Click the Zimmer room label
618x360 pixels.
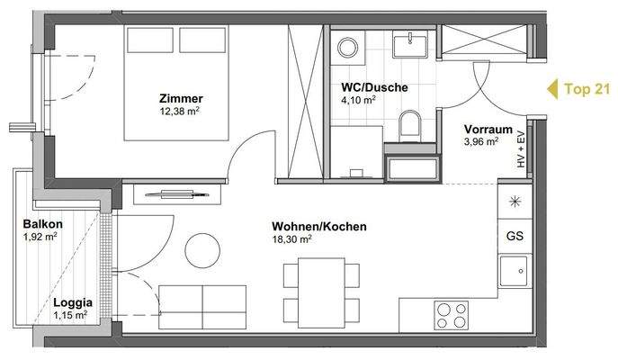tap(180, 98)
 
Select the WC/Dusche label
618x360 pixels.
tap(374, 88)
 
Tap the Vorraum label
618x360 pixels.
tap(488, 128)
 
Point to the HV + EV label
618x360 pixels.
tap(519, 149)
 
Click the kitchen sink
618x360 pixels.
tap(515, 269)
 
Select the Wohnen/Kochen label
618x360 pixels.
tap(318, 227)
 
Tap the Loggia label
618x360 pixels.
tap(69, 302)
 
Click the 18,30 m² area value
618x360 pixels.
tap(293, 240)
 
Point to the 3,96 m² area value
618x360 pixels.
tap(479, 141)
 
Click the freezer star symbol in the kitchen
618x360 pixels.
tap(515, 202)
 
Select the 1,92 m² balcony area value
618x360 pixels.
tap(40, 238)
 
